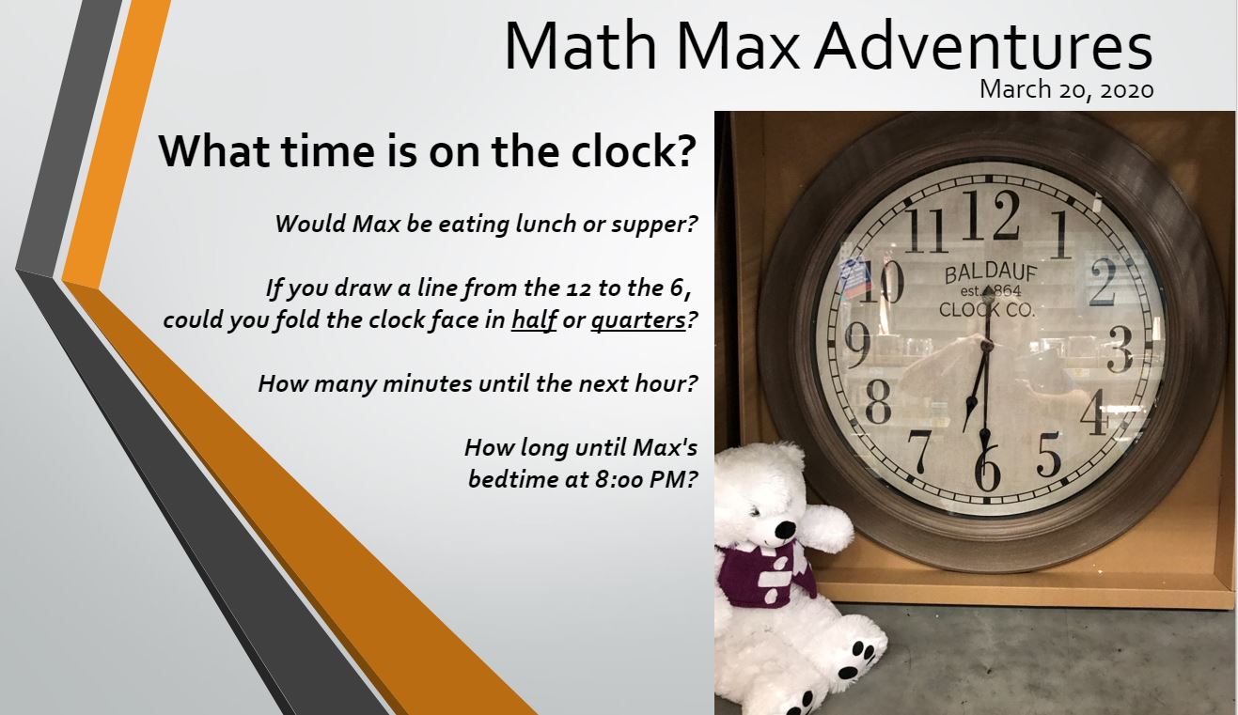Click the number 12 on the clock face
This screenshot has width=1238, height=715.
tap(991, 215)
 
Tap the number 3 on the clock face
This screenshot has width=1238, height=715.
tap(1120, 350)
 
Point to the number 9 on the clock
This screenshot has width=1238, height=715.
tap(858, 345)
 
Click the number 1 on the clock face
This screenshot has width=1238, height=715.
tap(1061, 235)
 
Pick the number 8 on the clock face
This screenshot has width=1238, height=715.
tap(878, 402)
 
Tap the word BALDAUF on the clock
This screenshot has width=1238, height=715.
tap(991, 273)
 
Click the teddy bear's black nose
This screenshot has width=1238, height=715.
tap(785, 531)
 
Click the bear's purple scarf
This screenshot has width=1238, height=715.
tap(765, 576)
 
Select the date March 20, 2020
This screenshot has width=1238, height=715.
tap(1067, 89)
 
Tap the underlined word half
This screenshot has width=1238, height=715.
tap(534, 320)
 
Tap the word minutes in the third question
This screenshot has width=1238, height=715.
tap(428, 383)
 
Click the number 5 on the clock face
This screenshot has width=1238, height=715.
tap(1048, 454)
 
